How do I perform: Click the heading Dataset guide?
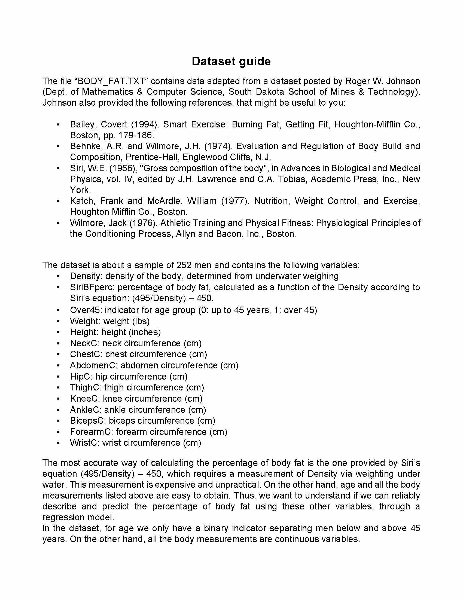231,61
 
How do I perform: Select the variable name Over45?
86,310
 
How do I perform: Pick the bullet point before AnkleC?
58,410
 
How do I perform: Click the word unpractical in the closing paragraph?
237,485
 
